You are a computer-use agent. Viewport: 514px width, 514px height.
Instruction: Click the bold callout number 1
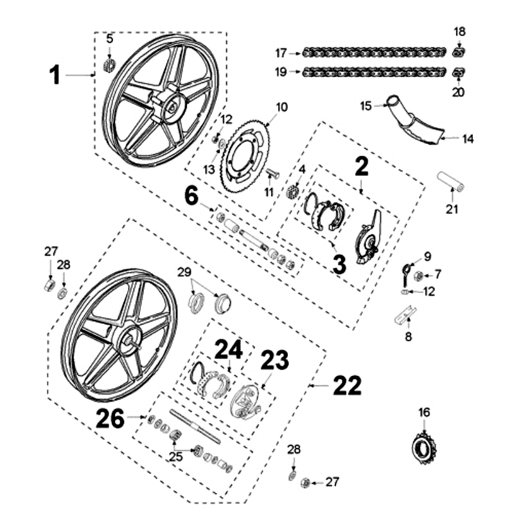[55, 75]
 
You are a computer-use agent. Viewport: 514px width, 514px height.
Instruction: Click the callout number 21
[453, 209]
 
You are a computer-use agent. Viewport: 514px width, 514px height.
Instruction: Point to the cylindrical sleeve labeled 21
[452, 181]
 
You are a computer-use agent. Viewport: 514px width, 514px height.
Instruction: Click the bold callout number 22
[347, 385]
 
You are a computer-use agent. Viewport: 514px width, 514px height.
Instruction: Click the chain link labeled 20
[458, 73]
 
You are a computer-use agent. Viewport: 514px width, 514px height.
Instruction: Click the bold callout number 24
[229, 350]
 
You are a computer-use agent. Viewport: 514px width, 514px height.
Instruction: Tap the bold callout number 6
[191, 195]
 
